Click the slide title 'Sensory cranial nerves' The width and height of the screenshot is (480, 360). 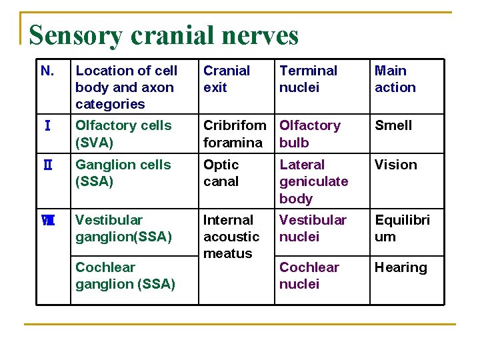coord(164,35)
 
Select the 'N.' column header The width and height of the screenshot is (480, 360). coord(47,71)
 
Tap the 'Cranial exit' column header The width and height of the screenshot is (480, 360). coord(227,79)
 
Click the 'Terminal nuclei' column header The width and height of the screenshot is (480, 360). coord(308,79)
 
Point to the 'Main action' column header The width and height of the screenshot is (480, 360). coord(395,79)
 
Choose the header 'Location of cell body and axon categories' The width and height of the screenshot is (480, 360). coord(126,87)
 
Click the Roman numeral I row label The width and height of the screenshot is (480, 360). coord(46,126)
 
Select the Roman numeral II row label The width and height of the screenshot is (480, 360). coord(47,165)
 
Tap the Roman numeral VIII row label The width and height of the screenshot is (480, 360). coord(47,220)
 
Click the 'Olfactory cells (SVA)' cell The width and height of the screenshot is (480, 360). coord(123,133)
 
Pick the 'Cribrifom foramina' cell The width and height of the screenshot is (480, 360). coord(234,133)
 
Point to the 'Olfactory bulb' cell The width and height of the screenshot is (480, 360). coord(309,133)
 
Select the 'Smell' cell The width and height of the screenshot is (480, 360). coord(393,125)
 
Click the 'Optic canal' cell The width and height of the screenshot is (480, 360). coord(221,173)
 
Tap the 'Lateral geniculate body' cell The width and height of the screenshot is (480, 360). coord(313,181)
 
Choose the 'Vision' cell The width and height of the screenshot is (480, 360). coord(395,165)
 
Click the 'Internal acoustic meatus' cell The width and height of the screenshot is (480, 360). coord(231,237)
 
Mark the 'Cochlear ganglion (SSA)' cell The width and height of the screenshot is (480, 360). coord(125,275)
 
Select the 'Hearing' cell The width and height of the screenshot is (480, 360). coord(400,267)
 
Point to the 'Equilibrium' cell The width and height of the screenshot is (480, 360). coord(402,228)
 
